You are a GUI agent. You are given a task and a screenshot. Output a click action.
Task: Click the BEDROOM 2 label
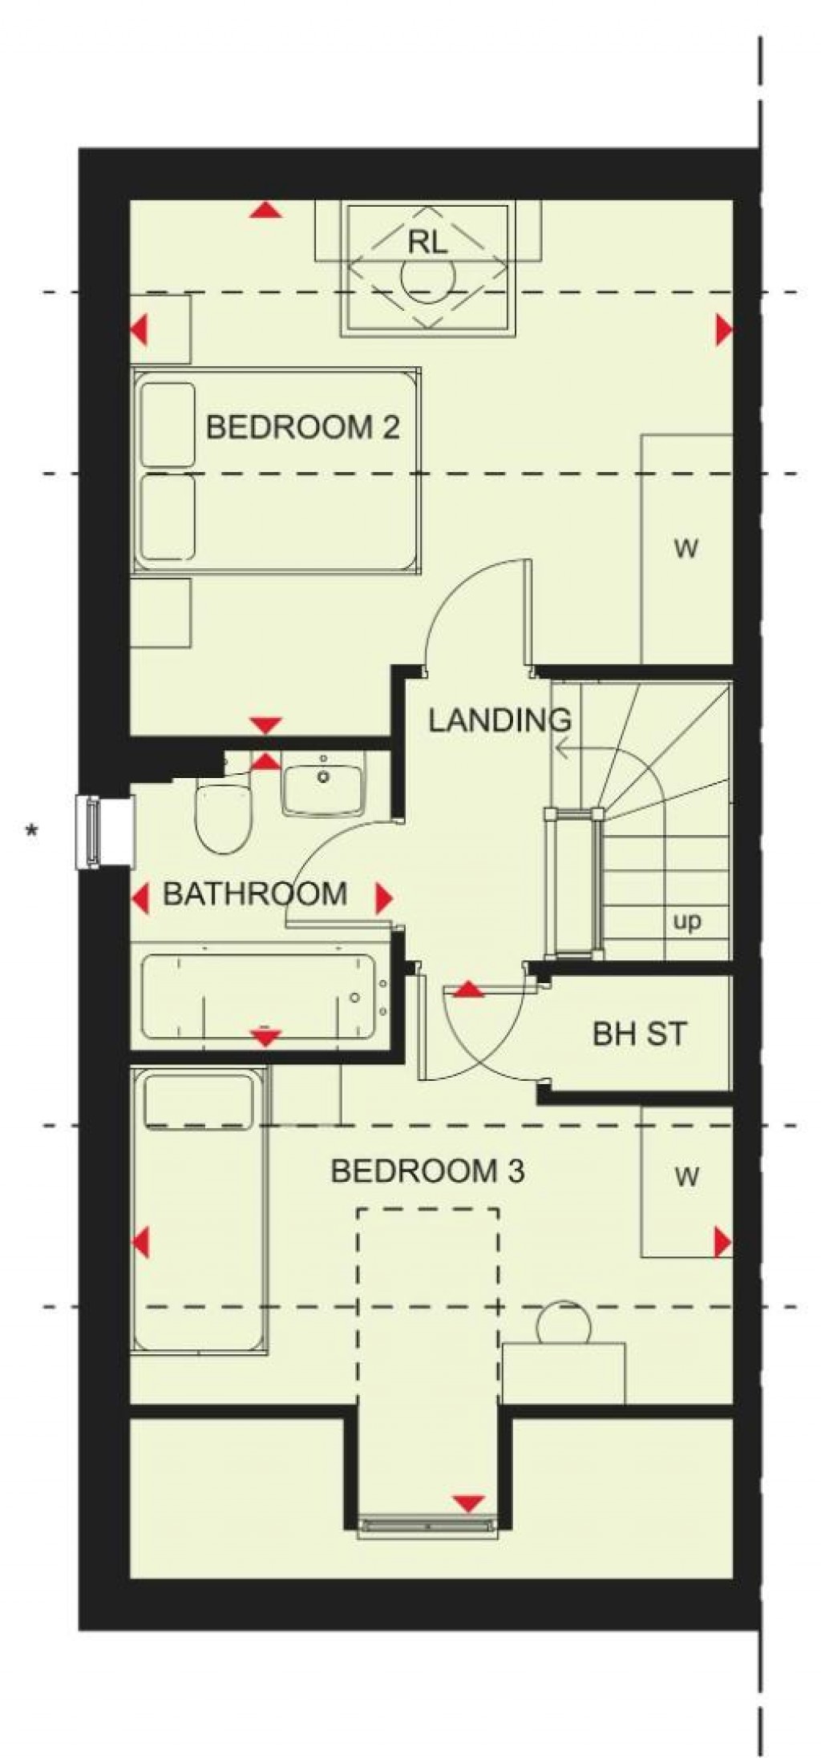click(302, 427)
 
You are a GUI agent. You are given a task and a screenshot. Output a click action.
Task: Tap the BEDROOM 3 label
click(427, 1171)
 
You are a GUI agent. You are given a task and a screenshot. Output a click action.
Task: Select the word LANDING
click(499, 720)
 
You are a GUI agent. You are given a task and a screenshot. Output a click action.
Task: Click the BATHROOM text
click(254, 893)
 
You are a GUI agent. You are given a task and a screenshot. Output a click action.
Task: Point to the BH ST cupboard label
click(639, 1034)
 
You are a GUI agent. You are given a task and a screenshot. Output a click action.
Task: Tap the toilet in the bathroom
click(224, 819)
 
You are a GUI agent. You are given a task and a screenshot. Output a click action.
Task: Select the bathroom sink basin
click(323, 789)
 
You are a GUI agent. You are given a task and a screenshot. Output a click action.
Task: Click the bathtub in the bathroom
click(258, 995)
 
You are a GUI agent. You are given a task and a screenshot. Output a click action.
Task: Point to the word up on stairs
click(686, 921)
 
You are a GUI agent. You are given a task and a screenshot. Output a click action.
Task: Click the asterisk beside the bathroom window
click(32, 832)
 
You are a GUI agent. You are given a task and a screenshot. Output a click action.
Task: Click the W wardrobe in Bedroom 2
click(686, 550)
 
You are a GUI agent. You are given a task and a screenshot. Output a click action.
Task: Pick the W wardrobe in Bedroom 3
click(686, 1177)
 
